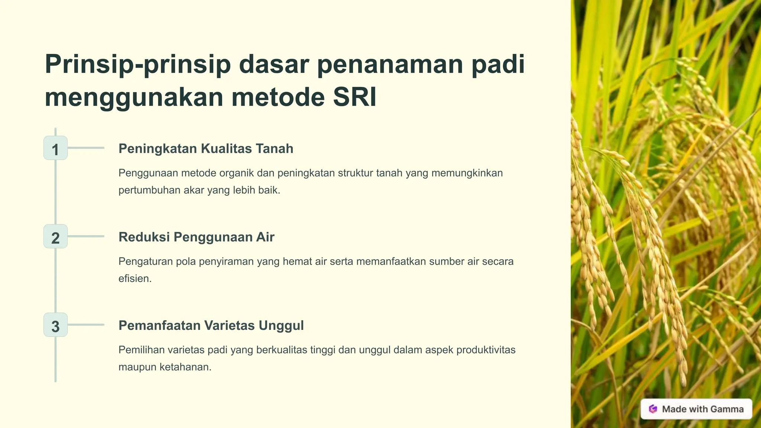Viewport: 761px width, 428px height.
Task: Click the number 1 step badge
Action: click(55, 148)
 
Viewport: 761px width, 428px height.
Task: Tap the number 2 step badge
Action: click(55, 237)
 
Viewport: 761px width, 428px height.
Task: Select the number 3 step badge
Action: click(55, 325)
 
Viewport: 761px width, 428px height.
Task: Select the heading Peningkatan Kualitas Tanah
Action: click(206, 149)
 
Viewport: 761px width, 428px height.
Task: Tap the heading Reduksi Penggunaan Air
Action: click(196, 237)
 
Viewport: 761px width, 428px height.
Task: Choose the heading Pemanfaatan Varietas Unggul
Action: click(211, 325)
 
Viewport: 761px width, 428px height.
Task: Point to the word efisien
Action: click(135, 279)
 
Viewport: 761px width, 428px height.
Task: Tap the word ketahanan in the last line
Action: click(185, 367)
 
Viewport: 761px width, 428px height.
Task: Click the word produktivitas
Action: click(486, 350)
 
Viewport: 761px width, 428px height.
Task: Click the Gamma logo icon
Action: click(653, 409)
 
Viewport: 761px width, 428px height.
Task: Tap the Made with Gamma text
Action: click(703, 409)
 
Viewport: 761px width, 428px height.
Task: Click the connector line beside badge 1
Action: click(86, 148)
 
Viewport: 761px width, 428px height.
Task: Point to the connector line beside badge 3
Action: click(86, 325)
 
